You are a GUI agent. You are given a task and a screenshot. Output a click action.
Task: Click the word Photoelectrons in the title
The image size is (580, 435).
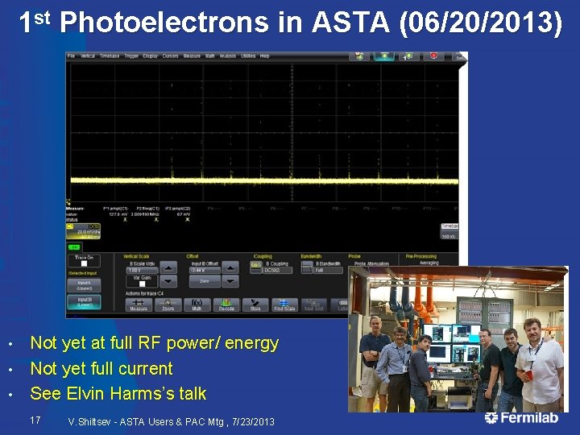click(164, 23)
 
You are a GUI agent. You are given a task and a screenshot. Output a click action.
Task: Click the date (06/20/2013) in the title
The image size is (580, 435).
click(480, 23)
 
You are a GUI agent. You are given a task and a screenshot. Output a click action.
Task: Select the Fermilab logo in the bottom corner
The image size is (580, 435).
click(524, 418)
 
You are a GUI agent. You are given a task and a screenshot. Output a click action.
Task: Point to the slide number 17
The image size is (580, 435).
click(35, 420)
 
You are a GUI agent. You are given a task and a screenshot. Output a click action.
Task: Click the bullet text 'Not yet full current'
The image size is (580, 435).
click(101, 368)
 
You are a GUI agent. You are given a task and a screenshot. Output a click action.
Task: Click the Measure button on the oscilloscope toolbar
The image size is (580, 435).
click(139, 305)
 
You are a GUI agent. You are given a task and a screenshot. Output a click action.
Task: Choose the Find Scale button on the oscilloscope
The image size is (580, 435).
click(284, 305)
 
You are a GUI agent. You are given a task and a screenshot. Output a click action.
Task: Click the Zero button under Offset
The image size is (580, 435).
click(206, 282)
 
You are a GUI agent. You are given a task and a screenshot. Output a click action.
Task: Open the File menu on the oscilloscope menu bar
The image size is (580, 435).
click(71, 56)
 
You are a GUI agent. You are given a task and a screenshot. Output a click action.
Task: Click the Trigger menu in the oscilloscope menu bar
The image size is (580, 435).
click(129, 56)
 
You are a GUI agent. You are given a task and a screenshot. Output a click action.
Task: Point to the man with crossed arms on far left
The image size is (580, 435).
click(374, 354)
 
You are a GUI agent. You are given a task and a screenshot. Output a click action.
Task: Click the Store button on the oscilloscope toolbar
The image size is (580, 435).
click(255, 305)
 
